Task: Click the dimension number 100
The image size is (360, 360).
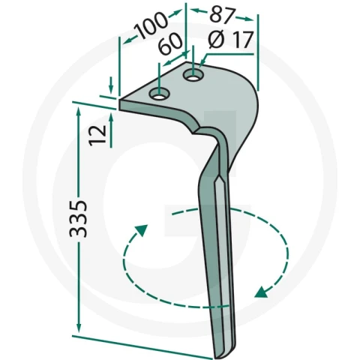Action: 151,25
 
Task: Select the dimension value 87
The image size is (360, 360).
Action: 223,16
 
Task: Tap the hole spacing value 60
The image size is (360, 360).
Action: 170,43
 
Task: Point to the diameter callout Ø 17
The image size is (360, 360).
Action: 231,40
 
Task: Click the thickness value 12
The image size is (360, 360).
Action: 97,135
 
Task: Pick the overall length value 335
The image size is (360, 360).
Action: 78,218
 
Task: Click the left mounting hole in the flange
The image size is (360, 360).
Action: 159,94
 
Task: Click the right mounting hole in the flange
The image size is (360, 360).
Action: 193,75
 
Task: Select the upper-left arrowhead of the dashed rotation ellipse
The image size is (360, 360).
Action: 142,230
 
